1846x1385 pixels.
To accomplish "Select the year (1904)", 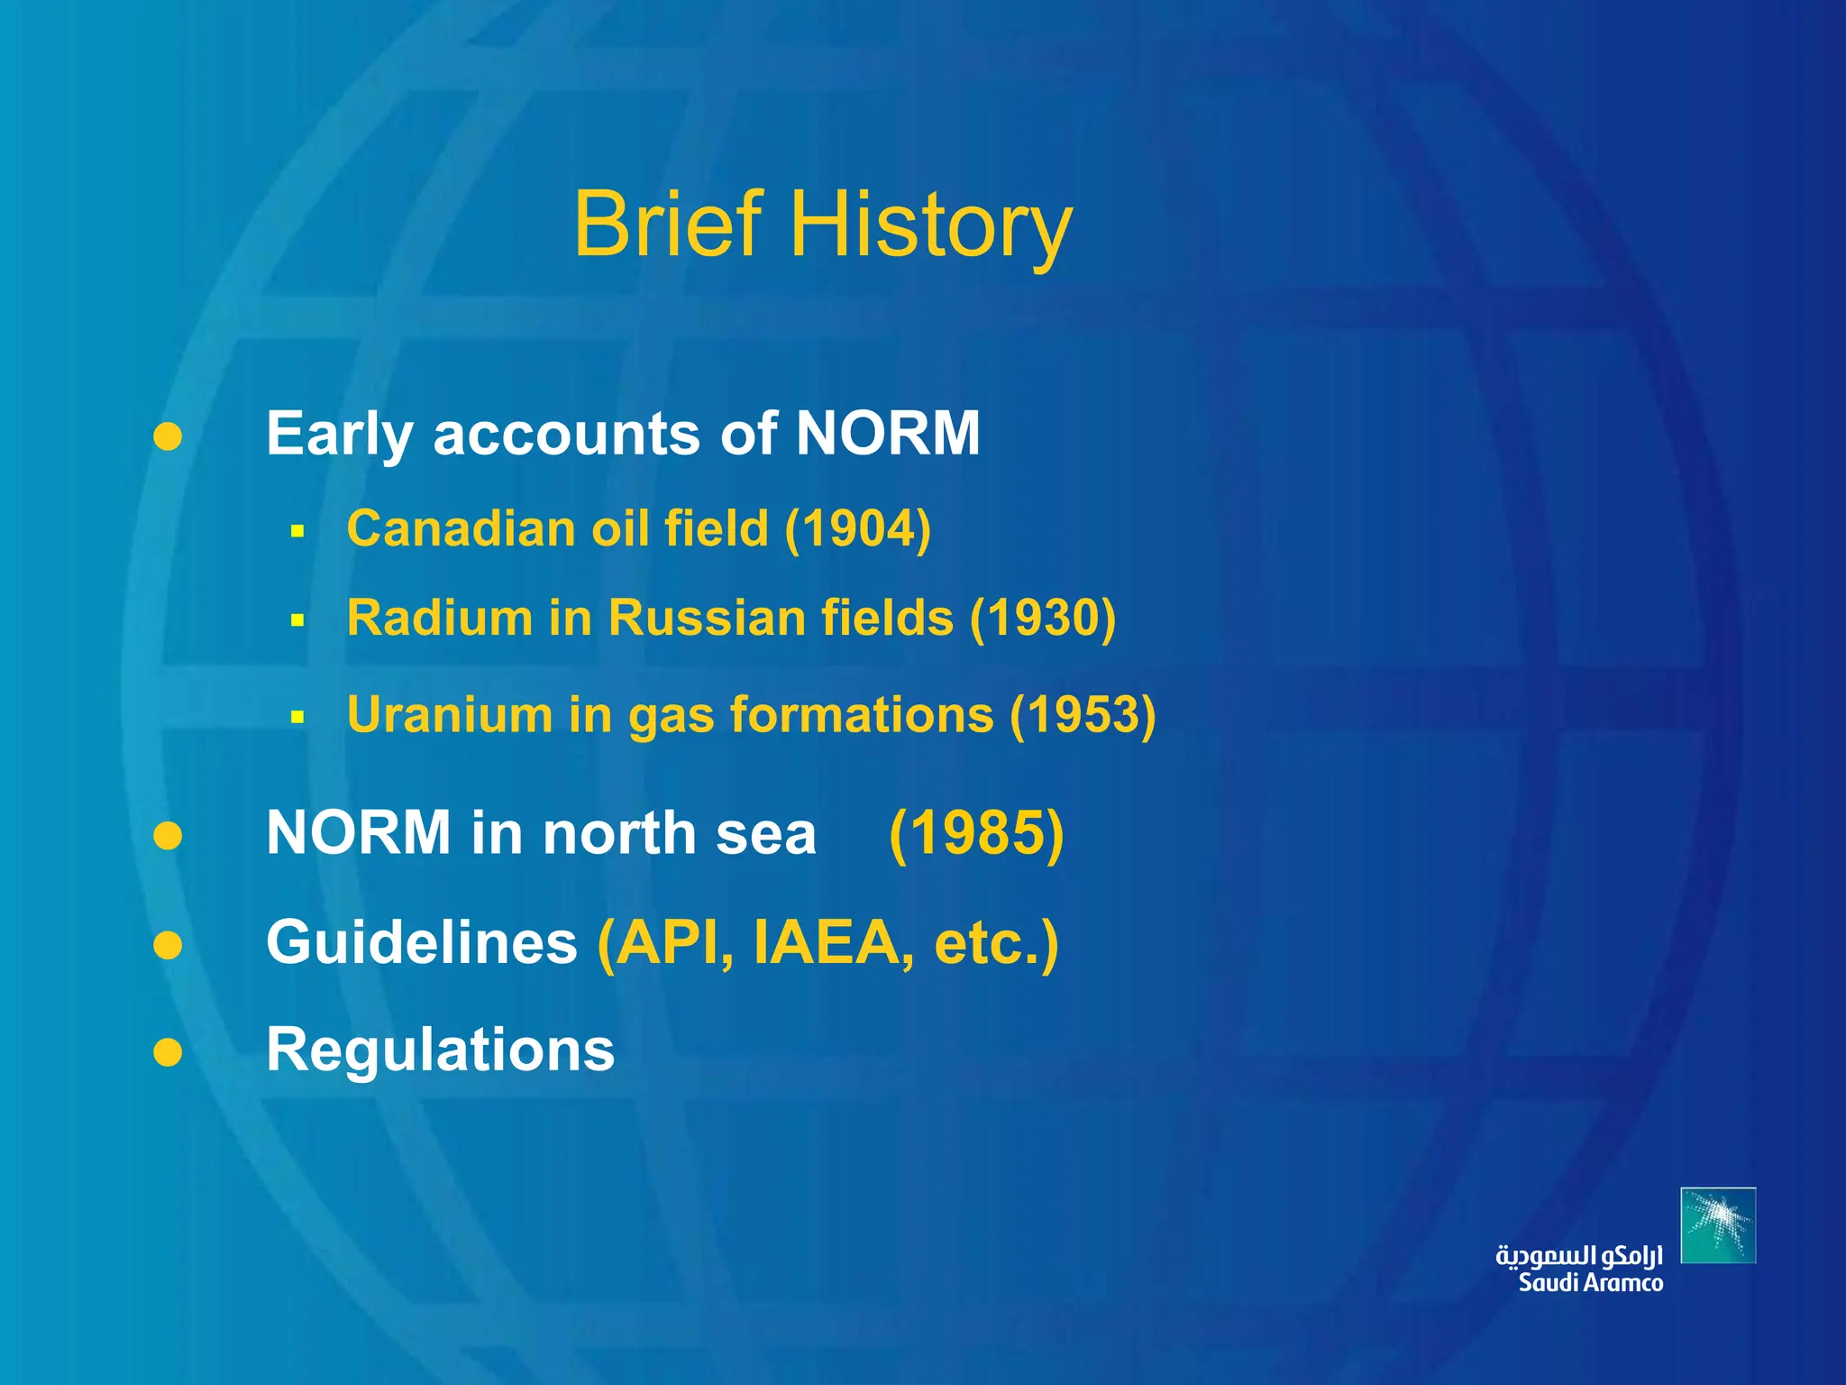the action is (857, 529).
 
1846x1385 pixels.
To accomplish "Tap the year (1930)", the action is (1043, 619).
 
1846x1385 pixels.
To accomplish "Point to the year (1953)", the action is (1083, 715).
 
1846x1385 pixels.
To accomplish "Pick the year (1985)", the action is (976, 833).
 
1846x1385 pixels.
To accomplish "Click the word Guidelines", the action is (422, 942).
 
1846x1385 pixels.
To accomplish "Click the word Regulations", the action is (441, 1051).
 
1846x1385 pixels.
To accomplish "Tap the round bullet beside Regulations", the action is (168, 1052).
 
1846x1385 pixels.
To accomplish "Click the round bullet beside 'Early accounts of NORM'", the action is (168, 437).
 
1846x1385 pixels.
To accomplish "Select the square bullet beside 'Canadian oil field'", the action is (298, 532).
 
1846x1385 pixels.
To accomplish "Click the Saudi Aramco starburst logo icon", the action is (1718, 1225).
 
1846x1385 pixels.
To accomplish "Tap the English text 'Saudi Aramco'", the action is (1591, 1283).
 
